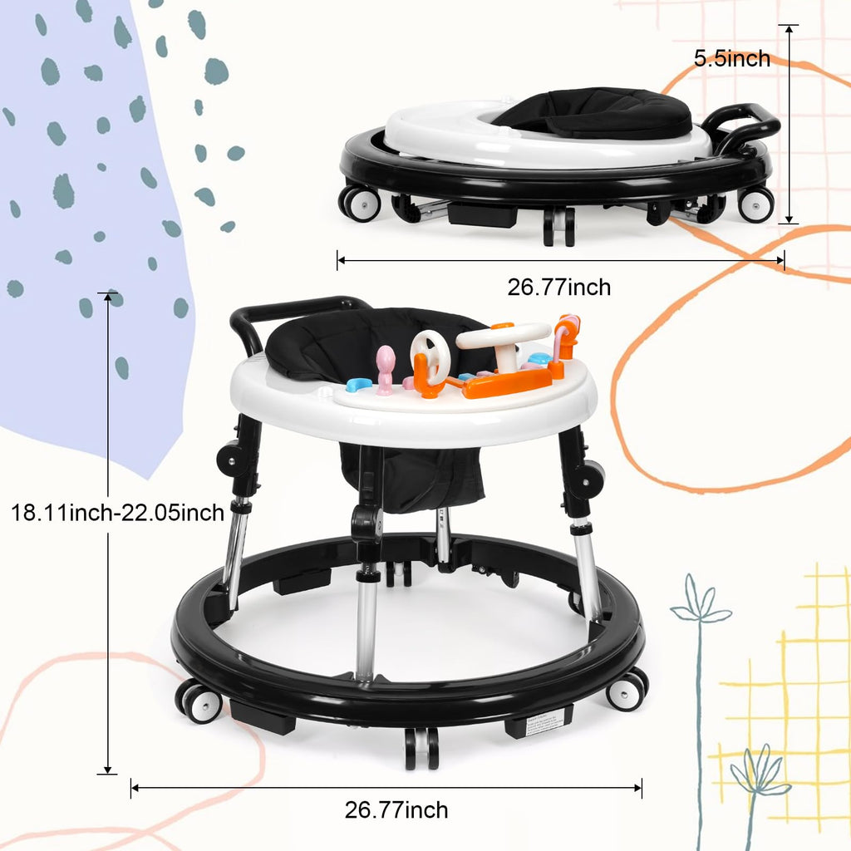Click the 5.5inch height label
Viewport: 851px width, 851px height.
pos(732,59)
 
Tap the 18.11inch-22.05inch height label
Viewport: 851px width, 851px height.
pos(117,512)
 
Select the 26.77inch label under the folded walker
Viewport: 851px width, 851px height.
pos(558,288)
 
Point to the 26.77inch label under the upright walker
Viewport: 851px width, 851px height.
pos(396,809)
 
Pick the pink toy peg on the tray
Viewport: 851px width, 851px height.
pos(385,367)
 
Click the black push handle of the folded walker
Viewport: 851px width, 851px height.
pos(742,121)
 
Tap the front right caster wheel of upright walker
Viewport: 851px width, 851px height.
pos(627,691)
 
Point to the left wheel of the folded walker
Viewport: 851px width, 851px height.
pos(361,203)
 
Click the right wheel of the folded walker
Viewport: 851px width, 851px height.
pos(755,204)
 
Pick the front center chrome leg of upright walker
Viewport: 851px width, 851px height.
pos(366,623)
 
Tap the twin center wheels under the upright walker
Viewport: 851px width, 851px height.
pos(421,747)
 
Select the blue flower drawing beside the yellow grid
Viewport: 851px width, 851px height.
pos(700,611)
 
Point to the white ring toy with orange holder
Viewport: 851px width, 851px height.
pos(430,359)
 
